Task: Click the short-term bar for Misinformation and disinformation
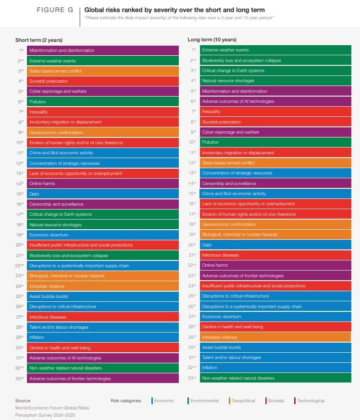tap(103, 50)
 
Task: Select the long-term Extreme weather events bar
tap(275, 50)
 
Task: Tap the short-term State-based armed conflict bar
tap(103, 71)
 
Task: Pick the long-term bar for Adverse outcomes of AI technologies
tap(275, 101)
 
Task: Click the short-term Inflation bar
tap(103, 337)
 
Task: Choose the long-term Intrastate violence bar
tap(275, 337)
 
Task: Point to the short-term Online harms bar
tap(103, 184)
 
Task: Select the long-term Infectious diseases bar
tap(275, 255)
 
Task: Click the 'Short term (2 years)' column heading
tap(39, 40)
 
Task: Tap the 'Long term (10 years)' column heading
tap(212, 40)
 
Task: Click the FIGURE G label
tap(54, 10)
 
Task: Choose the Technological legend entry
tap(310, 401)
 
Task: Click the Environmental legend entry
tap(203, 401)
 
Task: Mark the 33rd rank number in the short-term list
tap(21, 378)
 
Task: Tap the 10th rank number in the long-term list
tap(193, 142)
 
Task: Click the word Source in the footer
tap(23, 401)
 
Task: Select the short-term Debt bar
tap(103, 194)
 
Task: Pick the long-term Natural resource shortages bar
tap(275, 81)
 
